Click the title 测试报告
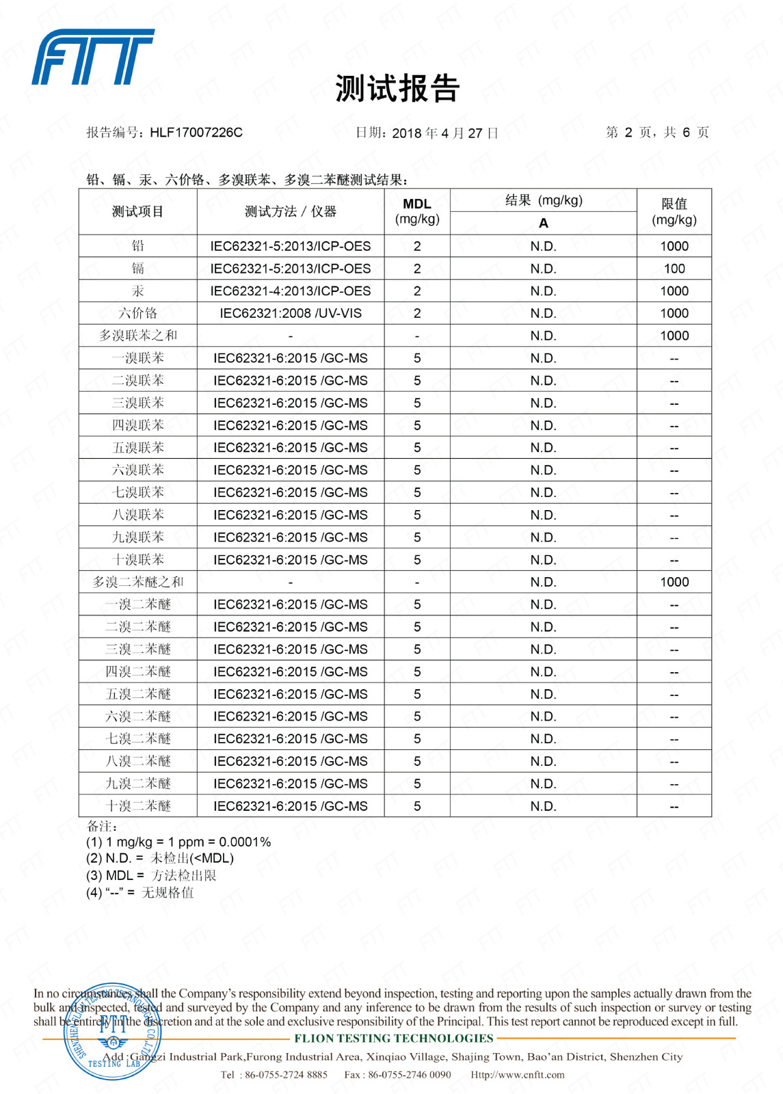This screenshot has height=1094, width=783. tap(397, 89)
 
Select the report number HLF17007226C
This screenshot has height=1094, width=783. tap(196, 133)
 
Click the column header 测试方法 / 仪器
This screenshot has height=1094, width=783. tap(291, 212)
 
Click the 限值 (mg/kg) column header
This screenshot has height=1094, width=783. tap(674, 211)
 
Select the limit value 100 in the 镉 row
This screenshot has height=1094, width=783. tap(674, 269)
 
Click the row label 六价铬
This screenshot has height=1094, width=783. tap(138, 313)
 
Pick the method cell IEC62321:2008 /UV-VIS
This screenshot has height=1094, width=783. tap(291, 313)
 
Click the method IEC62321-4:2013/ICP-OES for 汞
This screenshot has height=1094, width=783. tap(291, 291)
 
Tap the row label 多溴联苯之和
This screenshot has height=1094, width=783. tap(138, 336)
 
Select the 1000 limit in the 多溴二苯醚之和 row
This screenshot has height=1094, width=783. tap(674, 582)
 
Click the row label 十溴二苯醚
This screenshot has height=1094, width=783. tap(138, 806)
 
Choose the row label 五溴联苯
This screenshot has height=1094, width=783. tap(138, 448)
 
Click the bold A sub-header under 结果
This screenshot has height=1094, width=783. tap(544, 223)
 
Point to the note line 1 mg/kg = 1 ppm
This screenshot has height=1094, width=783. tap(178, 842)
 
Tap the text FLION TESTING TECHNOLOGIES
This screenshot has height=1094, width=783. tap(394, 1038)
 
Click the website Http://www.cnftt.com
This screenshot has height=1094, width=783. tap(518, 1074)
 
